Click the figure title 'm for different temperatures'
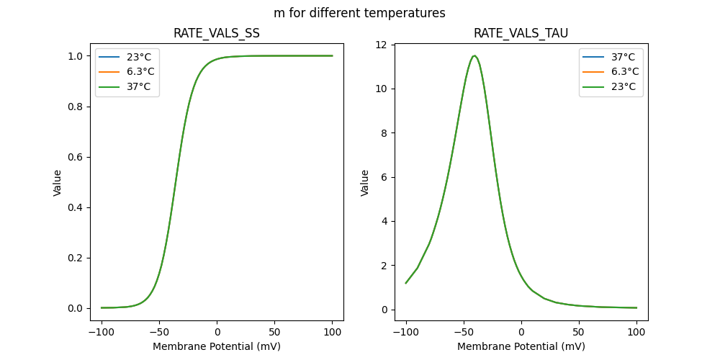(359, 13)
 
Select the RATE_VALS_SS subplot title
(217, 34)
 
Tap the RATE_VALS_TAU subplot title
(521, 34)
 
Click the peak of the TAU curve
(474, 56)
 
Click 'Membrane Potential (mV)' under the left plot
(217, 346)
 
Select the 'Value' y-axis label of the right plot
(365, 183)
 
